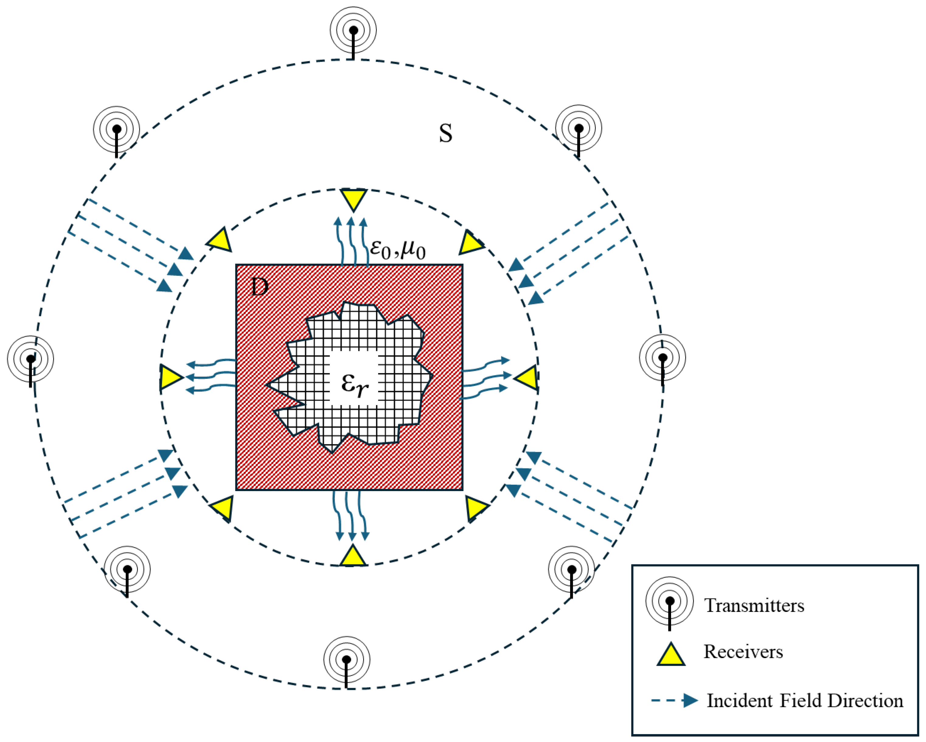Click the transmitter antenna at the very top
point(353,31)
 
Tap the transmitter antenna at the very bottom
point(346,660)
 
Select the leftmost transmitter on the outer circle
point(30,359)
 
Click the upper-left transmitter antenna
point(117,129)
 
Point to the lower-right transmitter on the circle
point(571,570)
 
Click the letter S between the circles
point(445,133)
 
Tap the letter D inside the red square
point(259,287)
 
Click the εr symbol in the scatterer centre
point(354,383)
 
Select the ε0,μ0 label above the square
point(397,249)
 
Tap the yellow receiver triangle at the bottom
point(353,557)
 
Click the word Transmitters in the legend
point(754,606)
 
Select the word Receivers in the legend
point(743,652)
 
